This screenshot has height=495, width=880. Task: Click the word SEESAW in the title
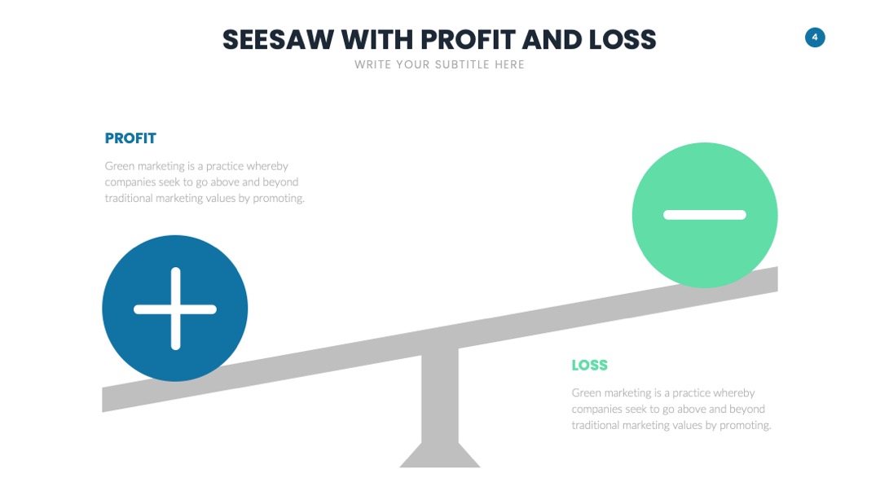point(279,40)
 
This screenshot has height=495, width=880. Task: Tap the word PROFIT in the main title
point(468,40)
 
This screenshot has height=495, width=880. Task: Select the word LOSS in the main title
point(623,40)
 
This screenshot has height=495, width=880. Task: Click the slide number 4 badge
point(815,37)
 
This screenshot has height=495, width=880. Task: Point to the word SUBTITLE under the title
point(463,64)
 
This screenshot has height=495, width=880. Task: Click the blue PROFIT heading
point(130,138)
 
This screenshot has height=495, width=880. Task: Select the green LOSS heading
point(589,365)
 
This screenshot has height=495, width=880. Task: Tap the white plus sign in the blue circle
point(175,309)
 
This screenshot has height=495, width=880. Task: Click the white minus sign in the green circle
point(705,215)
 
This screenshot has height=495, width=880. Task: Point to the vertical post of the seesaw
point(440,398)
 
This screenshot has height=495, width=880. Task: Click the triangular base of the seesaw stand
point(440,455)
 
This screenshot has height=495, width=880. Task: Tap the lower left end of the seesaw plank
point(103,400)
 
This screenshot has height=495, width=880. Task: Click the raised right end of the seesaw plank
point(777,279)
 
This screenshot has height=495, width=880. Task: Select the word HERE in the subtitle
point(509,64)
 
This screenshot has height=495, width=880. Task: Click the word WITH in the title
point(377,40)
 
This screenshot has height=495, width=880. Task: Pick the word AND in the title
point(552,40)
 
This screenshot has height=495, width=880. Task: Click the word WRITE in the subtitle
point(372,64)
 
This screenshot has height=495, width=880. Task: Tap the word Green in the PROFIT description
point(120,166)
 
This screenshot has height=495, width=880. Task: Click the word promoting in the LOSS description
point(746,426)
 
